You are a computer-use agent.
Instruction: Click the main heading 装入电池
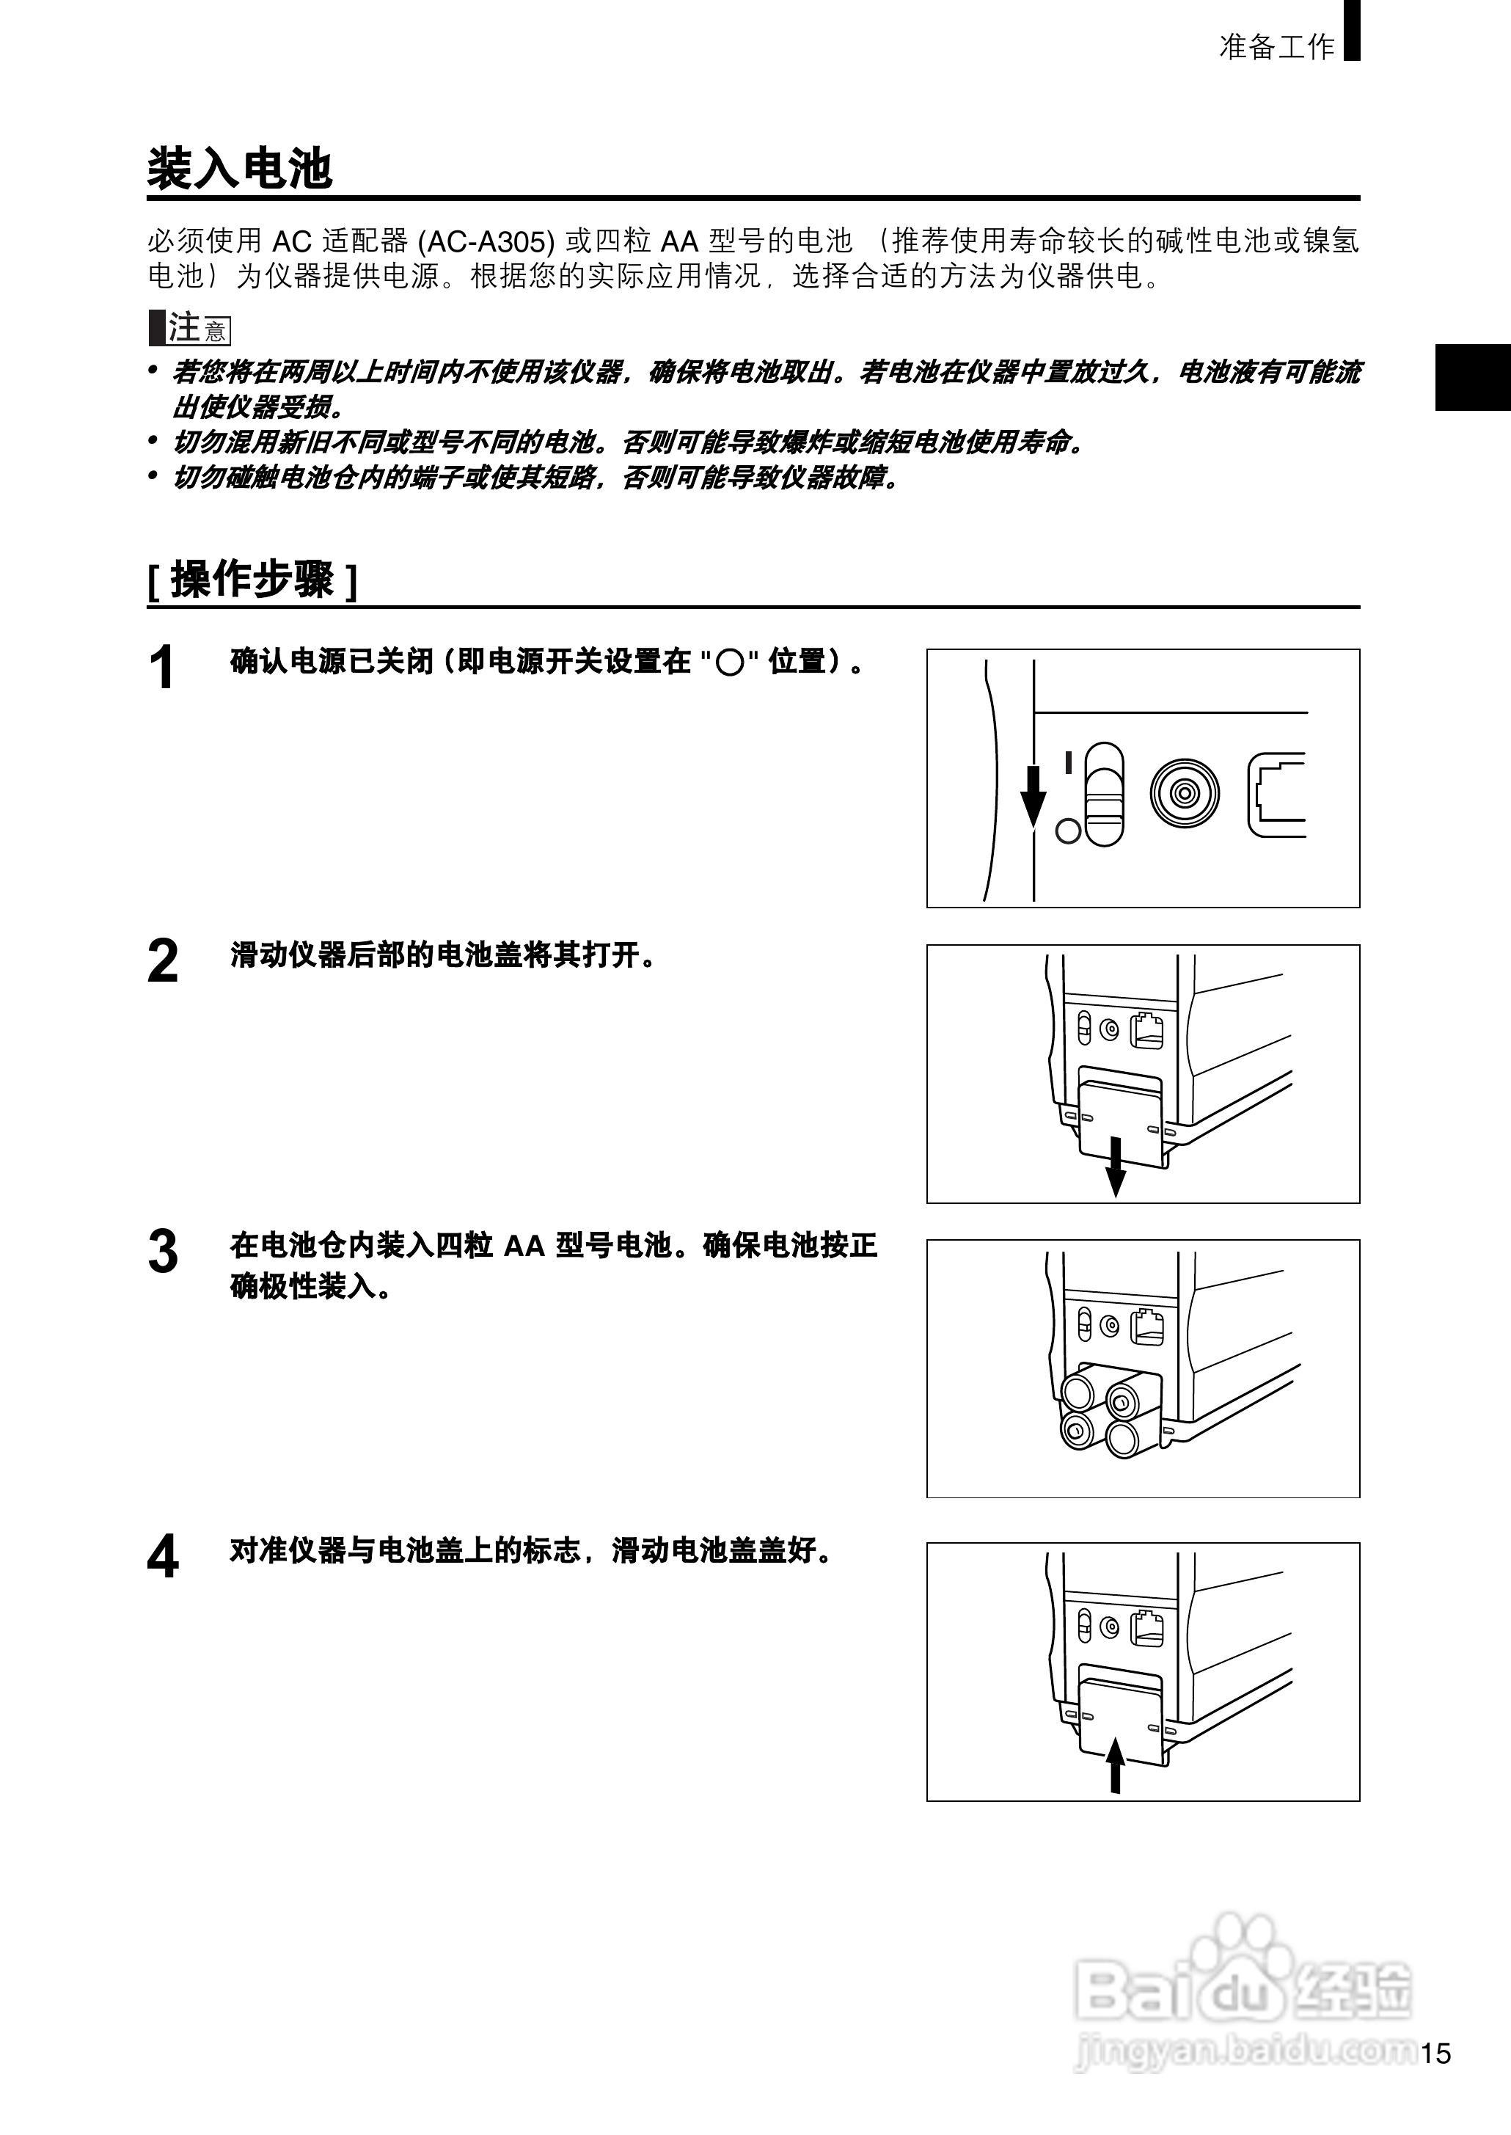pos(239,169)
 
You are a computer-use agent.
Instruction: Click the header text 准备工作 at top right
pos(1276,46)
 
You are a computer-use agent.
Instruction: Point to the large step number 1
pos(162,668)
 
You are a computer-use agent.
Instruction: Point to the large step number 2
pos(162,961)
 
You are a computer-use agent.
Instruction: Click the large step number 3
pos(162,1252)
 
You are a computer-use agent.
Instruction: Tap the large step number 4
pos(162,1557)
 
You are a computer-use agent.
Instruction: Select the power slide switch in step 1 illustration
pos(1105,793)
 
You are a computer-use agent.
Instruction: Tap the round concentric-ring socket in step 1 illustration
pos(1183,793)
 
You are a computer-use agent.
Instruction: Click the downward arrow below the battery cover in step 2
pos(1115,1167)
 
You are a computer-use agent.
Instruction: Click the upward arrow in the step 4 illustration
pos(1115,1764)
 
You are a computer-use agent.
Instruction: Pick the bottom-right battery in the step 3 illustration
pos(1124,1439)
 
